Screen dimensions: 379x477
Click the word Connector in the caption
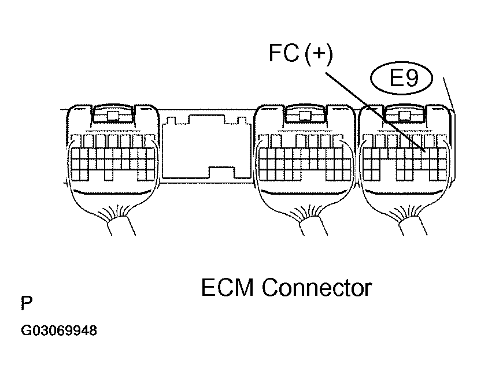click(x=316, y=287)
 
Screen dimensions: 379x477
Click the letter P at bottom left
click(x=26, y=303)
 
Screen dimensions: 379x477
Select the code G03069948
click(x=59, y=332)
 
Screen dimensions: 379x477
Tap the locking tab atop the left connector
click(x=113, y=115)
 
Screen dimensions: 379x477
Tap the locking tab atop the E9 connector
click(x=404, y=115)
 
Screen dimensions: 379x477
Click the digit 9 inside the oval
click(x=411, y=78)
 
